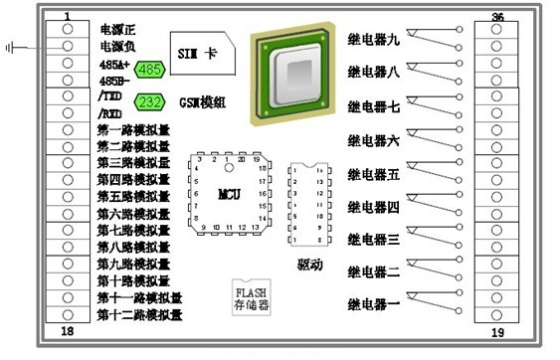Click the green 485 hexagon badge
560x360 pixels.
pos(149,70)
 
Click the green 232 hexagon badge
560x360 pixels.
pos(149,102)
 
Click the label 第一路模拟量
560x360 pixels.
pos(132,130)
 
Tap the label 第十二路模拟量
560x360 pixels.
pos(138,315)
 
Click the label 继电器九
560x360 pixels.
pos(373,40)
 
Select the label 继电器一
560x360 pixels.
pos(373,303)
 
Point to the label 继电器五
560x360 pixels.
pos(373,174)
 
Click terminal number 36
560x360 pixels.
pos(497,17)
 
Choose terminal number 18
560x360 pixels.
pos(66,331)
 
